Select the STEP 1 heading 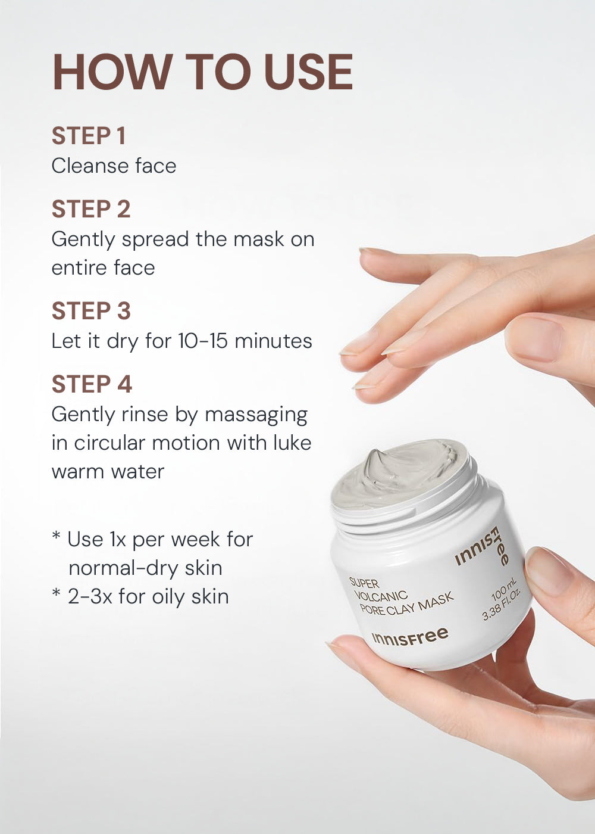pyautogui.click(x=89, y=136)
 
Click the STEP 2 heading pyautogui.click(x=91, y=208)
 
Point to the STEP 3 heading pyautogui.click(x=91, y=310)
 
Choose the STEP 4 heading pyautogui.click(x=92, y=384)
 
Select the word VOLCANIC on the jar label pyautogui.click(x=381, y=596)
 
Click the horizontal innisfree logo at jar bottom pyautogui.click(x=410, y=637)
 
